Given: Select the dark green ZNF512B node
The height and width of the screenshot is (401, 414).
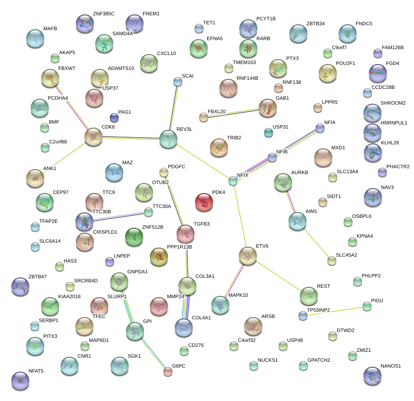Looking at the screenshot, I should (x=134, y=237).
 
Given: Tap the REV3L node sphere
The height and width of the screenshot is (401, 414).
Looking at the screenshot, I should (x=168, y=139).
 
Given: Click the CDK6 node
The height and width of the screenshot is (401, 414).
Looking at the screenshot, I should (x=93, y=136).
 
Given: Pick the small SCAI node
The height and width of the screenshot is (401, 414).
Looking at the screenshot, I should (x=178, y=82).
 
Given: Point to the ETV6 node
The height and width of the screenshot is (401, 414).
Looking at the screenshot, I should (x=247, y=256).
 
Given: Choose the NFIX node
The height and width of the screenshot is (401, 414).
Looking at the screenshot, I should (x=233, y=181).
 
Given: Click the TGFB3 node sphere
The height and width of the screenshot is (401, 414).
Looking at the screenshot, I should (x=185, y=233).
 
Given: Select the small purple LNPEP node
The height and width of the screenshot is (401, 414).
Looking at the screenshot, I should (x=109, y=261).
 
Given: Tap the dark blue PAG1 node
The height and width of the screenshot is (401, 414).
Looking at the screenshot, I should (x=115, y=118).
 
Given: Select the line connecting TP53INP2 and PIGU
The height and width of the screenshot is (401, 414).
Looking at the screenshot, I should (x=335, y=311).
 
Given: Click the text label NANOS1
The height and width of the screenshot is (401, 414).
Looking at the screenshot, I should (x=391, y=366).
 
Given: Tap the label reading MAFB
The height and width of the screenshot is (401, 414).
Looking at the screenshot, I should (x=50, y=29).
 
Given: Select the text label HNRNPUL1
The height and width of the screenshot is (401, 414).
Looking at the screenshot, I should (x=394, y=123).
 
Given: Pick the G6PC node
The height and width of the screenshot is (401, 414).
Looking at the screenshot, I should (x=168, y=372).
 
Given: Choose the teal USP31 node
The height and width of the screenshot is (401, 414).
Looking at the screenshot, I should (x=269, y=133).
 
